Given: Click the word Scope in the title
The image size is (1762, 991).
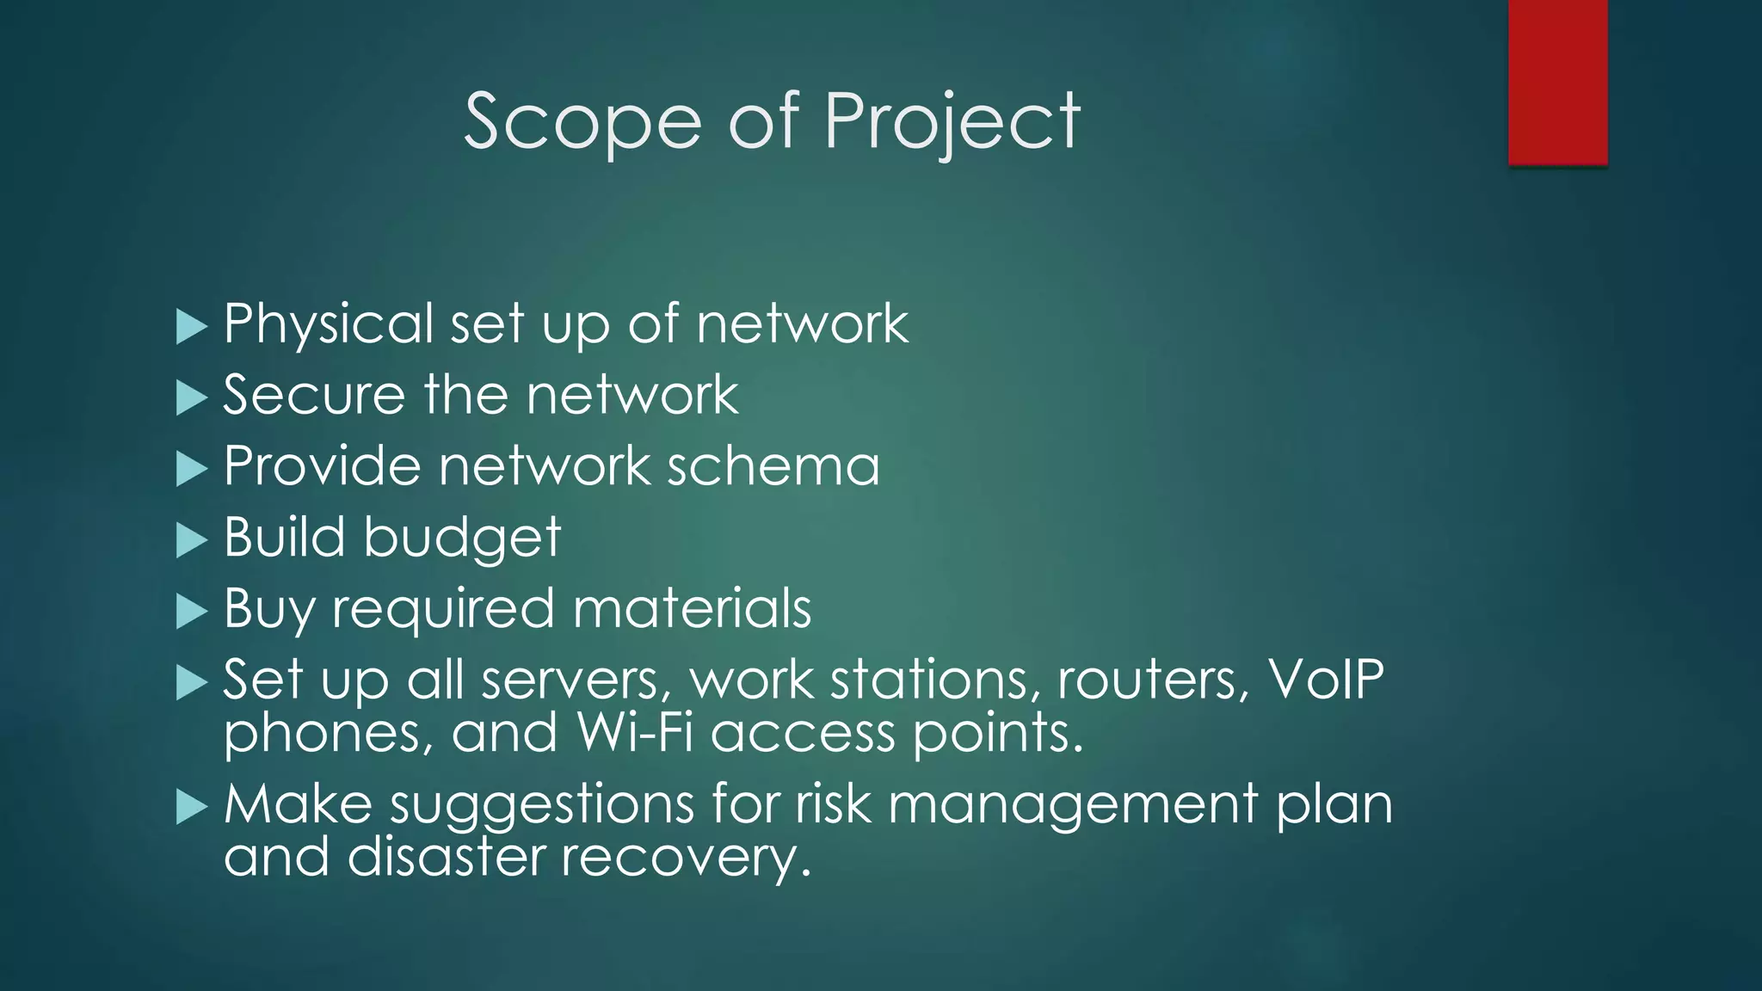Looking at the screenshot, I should [583, 122].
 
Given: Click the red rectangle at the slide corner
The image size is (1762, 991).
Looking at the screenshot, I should [1557, 83].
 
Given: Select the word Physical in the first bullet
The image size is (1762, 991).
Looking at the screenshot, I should [329, 325].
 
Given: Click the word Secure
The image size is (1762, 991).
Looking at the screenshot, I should [313, 396].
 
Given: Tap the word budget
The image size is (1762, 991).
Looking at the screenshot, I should [462, 539].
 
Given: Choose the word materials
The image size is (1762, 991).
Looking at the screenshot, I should [692, 609].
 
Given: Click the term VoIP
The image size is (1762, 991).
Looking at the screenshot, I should [1326, 680].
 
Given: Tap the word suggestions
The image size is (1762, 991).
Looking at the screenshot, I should [542, 807].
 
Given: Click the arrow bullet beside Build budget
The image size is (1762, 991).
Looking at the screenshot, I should [191, 541].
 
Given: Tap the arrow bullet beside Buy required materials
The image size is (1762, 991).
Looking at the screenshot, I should [191, 612].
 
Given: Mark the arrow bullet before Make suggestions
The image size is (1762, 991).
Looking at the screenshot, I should [191, 808].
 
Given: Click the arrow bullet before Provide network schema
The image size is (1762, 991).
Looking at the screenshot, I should [191, 470].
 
